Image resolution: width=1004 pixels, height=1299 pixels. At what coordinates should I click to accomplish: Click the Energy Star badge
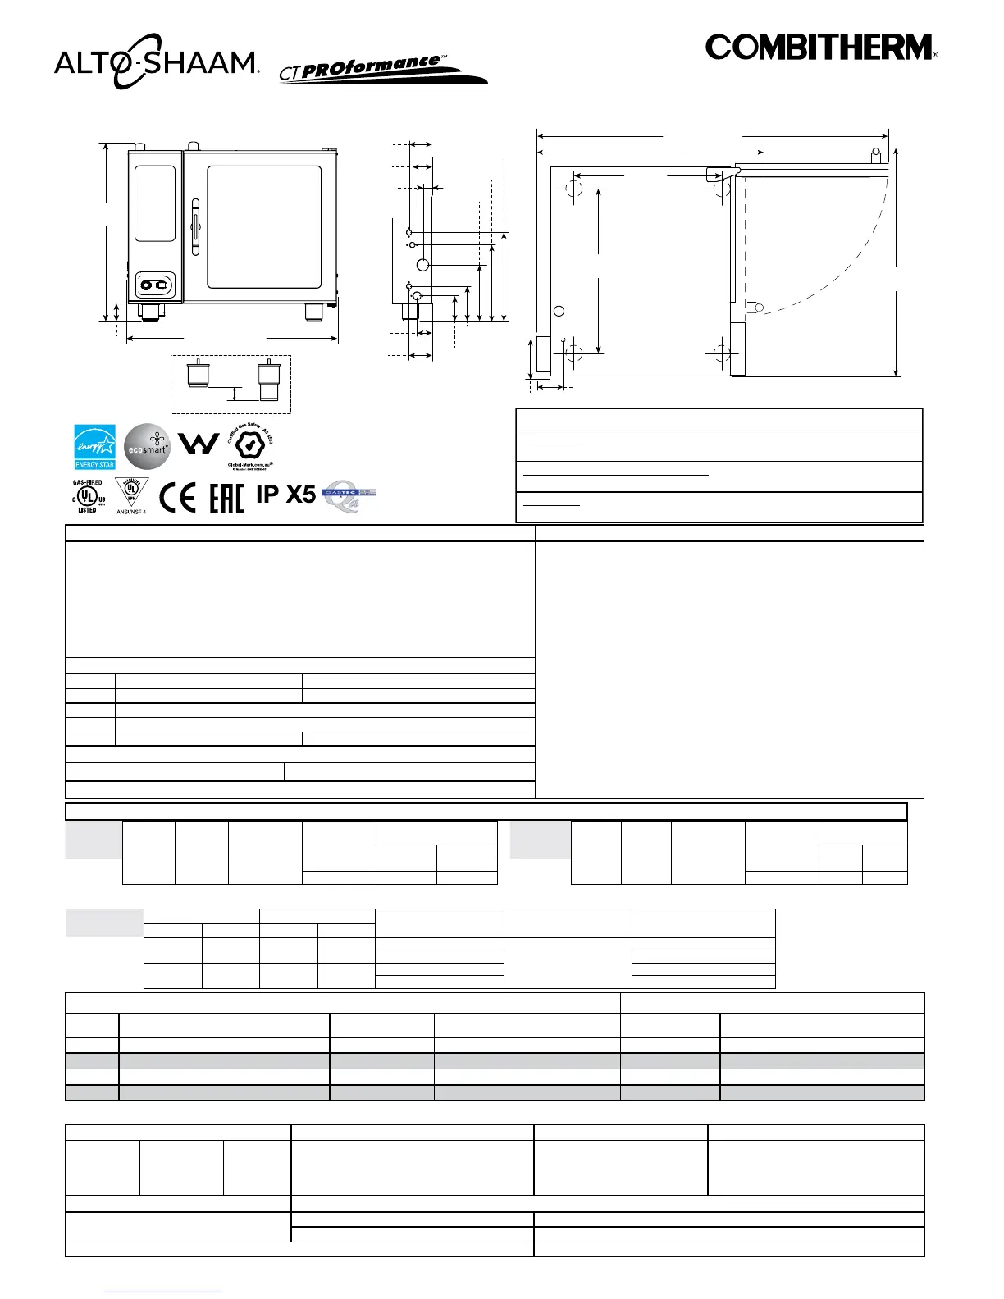click(94, 447)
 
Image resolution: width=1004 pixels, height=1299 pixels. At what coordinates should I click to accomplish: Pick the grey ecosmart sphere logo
click(147, 447)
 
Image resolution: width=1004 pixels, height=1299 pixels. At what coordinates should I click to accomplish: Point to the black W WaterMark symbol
click(199, 444)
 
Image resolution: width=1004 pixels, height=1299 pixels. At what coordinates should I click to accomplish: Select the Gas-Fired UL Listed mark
click(87, 496)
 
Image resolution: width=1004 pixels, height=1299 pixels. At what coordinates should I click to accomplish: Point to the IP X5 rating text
click(285, 495)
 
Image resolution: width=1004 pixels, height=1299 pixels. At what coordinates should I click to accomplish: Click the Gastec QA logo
click(349, 497)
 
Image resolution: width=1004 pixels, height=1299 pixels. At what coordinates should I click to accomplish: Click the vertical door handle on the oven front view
click(195, 227)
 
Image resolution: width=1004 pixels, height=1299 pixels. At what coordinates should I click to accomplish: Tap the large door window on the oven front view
click(263, 227)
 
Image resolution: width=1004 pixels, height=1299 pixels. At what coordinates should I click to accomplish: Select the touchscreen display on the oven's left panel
click(155, 203)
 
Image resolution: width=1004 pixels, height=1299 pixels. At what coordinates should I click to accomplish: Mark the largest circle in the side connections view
click(422, 265)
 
